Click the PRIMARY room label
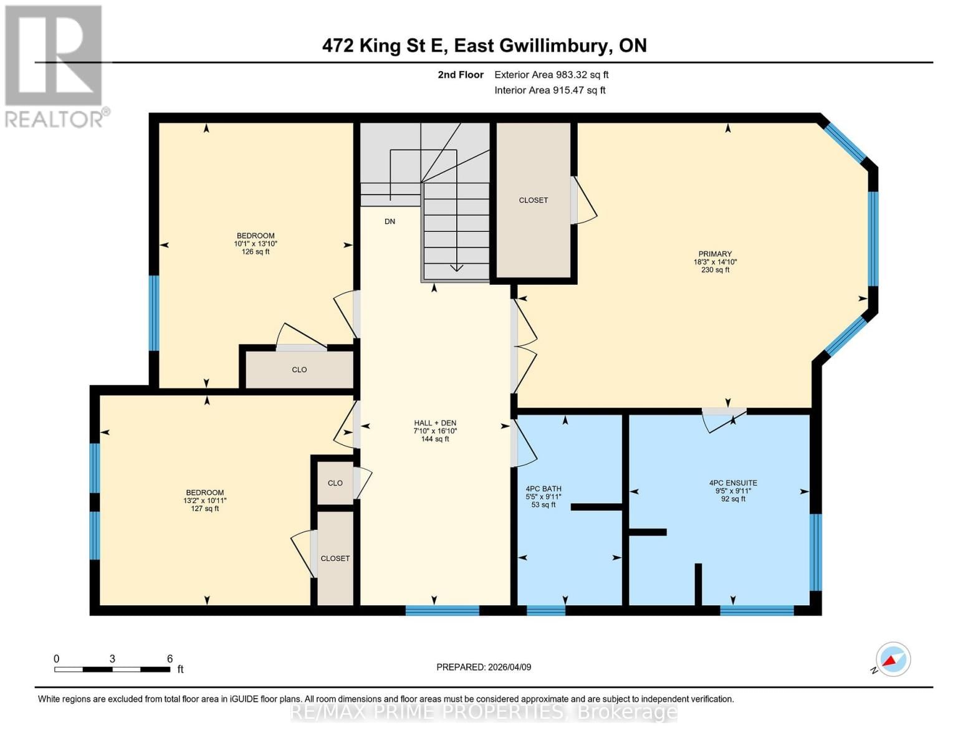pyautogui.click(x=714, y=254)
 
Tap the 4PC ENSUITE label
pyautogui.click(x=733, y=483)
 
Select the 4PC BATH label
pyautogui.click(x=543, y=489)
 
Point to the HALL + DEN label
pyautogui.click(x=434, y=423)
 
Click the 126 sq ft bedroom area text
pyautogui.click(x=255, y=252)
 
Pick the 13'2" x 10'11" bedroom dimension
pyautogui.click(x=204, y=501)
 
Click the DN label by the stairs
pyautogui.click(x=390, y=221)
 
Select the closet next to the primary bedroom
pyautogui.click(x=534, y=200)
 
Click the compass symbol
pyautogui.click(x=893, y=659)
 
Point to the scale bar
pyautogui.click(x=112, y=669)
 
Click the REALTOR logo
pyautogui.click(x=54, y=65)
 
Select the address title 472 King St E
pyautogui.click(x=484, y=46)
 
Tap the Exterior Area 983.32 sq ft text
pyautogui.click(x=551, y=75)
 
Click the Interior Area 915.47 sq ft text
pyautogui.click(x=550, y=90)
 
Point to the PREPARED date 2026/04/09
pyautogui.click(x=484, y=667)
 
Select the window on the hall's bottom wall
pyautogui.click(x=442, y=610)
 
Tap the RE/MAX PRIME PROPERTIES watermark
pyautogui.click(x=484, y=712)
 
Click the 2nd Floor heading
pyautogui.click(x=461, y=75)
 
